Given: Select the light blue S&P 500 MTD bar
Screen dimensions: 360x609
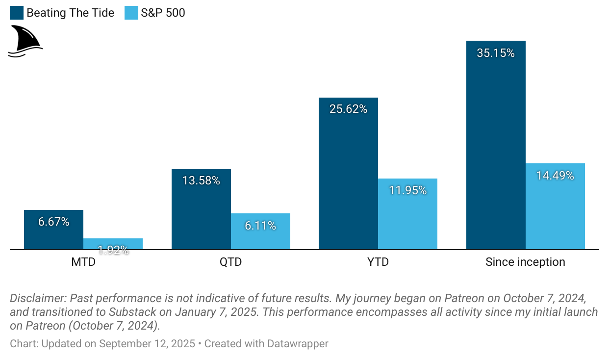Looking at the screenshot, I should coord(113,244).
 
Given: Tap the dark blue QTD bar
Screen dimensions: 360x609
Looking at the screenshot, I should coord(201,216).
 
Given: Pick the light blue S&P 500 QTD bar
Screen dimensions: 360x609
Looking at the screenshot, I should coord(260,235).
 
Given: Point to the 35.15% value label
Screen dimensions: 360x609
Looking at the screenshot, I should coord(496,53).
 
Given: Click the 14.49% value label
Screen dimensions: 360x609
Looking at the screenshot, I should coord(555,176).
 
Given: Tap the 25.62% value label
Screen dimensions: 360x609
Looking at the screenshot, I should coord(348,109).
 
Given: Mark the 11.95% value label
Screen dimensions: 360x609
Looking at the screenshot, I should coord(407,190).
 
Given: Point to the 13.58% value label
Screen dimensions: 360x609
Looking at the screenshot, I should coord(201,180).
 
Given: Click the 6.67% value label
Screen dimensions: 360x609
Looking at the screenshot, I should coord(53,222).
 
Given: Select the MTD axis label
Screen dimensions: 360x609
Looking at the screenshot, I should coord(83,262).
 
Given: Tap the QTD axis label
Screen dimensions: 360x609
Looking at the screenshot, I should coord(230,262).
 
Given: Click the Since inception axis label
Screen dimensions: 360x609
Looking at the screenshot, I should coord(525,262).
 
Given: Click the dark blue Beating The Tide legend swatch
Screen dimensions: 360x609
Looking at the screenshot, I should coord(16,13).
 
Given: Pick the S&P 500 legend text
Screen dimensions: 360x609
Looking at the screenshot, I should coord(163,13).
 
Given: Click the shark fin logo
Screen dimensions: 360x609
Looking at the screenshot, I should coord(25,41).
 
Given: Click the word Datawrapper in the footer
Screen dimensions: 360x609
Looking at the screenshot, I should coord(297,344).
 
